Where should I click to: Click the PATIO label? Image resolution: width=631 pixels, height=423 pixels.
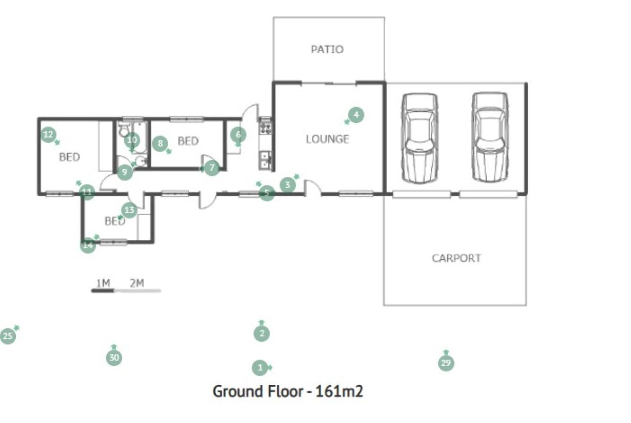point(327,49)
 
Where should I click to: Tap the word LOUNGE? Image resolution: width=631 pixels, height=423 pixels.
point(327,139)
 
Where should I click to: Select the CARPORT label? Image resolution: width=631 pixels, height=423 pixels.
point(457,258)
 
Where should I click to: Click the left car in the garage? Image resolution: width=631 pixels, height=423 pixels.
point(419,138)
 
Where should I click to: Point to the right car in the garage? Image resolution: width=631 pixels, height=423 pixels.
point(490,137)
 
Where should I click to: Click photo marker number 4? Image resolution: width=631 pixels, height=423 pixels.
point(356,115)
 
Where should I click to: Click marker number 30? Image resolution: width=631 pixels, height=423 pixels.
point(114,358)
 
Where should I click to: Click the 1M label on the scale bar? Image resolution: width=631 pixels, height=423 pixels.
point(103,283)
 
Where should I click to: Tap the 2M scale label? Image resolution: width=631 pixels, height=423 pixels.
point(137,283)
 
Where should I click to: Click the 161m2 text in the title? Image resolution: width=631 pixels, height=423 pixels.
point(339,391)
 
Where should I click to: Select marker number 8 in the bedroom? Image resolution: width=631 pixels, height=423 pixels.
point(160,143)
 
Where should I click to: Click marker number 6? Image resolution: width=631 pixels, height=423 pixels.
point(239,135)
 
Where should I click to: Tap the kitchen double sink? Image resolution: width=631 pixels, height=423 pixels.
point(265,160)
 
